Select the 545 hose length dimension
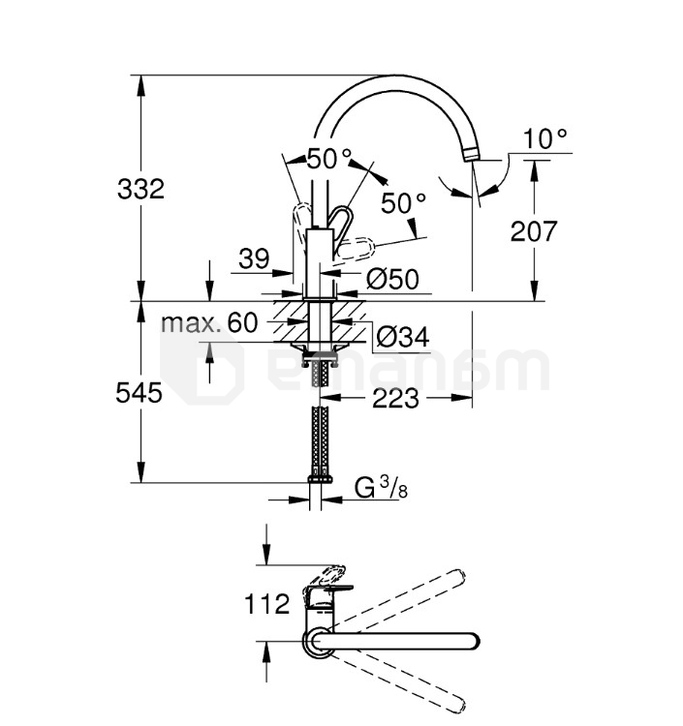coord(139,393)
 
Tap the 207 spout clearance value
coord(534,230)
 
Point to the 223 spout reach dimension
coord(393,398)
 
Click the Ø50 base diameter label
coord(392,280)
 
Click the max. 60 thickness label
coord(209,322)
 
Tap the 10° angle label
coord(544,138)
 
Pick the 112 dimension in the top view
coord(267,605)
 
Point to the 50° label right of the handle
coord(402,203)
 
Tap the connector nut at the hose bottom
coord(320,478)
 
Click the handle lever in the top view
coord(326,582)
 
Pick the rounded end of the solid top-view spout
coord(472,641)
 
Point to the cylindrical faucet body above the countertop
coord(320,261)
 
